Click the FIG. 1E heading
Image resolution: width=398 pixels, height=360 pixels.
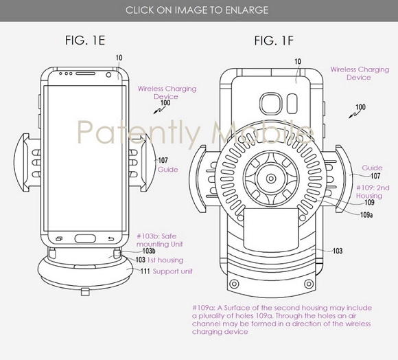[x=85, y=41]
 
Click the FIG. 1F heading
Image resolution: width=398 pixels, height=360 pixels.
[x=274, y=41]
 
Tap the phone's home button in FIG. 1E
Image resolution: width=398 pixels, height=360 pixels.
[x=85, y=238]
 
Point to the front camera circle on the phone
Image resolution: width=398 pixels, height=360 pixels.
[x=108, y=75]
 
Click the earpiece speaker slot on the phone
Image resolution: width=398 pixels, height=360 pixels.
[x=86, y=74]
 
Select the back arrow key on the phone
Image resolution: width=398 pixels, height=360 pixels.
[x=111, y=239]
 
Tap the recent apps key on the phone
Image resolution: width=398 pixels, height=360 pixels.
[x=59, y=238]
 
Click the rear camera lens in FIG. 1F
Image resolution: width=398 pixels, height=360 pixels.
[x=271, y=104]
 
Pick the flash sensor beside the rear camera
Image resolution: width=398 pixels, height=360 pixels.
[x=292, y=104]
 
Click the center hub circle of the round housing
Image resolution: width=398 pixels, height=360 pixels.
[x=271, y=179]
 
